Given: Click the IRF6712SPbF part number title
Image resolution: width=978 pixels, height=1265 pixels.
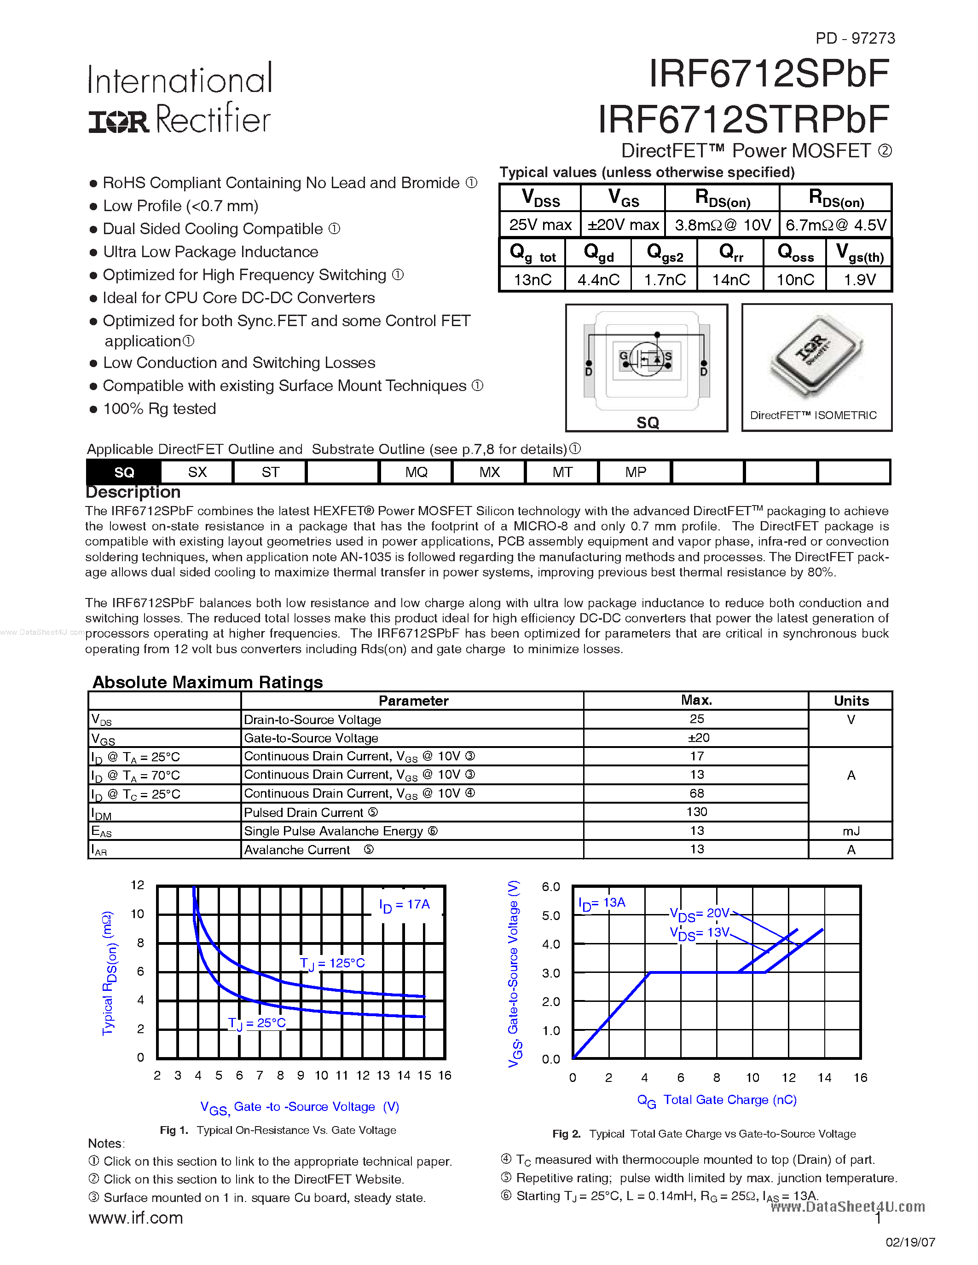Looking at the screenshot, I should click(768, 74).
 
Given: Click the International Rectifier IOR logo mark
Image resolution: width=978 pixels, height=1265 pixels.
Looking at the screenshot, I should click(119, 121).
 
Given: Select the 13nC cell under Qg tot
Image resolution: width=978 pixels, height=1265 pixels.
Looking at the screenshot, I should click(532, 280).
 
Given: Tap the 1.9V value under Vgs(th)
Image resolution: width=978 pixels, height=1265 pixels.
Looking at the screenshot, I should click(859, 280).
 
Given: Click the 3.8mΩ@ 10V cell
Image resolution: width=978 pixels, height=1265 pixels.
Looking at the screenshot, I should click(723, 225).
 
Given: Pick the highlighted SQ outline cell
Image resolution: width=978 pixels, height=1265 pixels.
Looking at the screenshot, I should click(124, 472).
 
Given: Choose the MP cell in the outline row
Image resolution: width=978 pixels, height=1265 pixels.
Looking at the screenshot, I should click(635, 472).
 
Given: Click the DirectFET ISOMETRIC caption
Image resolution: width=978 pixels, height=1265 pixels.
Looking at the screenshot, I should click(813, 415).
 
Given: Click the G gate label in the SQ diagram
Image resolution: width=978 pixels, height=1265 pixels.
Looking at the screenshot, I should click(624, 356).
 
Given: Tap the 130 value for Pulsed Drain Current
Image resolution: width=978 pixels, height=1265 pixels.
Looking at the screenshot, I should click(696, 811).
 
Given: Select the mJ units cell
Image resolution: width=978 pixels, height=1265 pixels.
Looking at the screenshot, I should click(851, 831).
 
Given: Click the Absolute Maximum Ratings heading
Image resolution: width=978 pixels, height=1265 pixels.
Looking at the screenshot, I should click(208, 682).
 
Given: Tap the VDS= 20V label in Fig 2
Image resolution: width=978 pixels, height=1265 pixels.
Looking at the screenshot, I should click(699, 914).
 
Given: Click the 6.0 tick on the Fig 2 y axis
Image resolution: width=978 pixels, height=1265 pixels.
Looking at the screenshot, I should click(550, 887).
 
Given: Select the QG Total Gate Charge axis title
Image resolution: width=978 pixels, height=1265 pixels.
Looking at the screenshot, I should click(717, 1100).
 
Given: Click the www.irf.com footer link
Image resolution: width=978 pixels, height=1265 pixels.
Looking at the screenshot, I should click(136, 1218).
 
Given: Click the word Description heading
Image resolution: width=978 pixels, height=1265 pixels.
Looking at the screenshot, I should click(133, 492).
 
